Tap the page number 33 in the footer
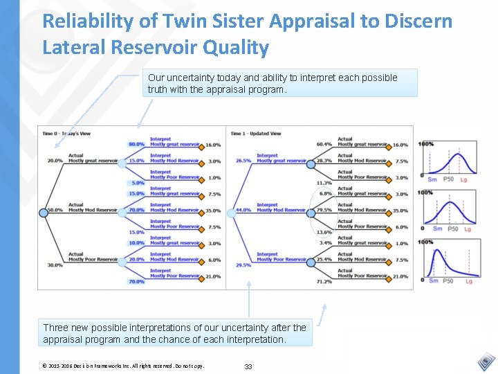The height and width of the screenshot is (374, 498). [x=248, y=366]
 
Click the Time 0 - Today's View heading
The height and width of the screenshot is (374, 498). [x=68, y=133]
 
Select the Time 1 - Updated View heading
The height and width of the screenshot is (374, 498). [x=256, y=133]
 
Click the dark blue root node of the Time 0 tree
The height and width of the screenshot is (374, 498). [x=44, y=213]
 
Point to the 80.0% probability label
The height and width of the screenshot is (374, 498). [x=136, y=145]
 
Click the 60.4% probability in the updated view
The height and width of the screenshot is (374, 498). [x=324, y=144]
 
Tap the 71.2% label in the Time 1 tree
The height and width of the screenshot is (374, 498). [x=324, y=282]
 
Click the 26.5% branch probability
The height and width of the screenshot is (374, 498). [x=243, y=161]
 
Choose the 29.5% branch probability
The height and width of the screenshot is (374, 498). [x=243, y=265]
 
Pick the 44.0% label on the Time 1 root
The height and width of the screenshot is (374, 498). [x=243, y=210]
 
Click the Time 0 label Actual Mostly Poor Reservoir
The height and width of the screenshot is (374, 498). [x=93, y=257]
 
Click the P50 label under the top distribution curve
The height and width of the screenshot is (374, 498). [x=448, y=179]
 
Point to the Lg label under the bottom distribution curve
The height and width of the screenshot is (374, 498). [x=469, y=280]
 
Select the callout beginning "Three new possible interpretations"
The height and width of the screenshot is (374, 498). [x=175, y=333]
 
